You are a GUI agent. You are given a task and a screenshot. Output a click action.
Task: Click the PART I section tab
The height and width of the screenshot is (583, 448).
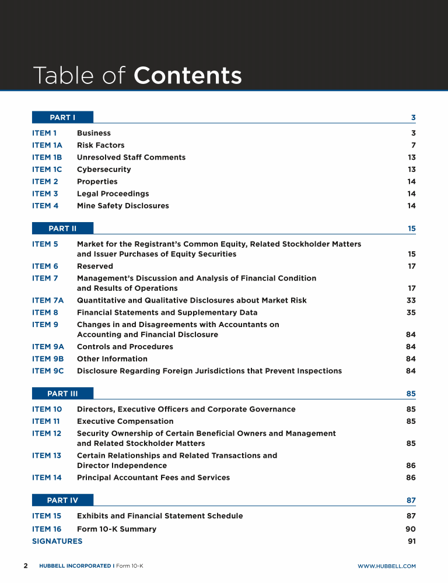pyautogui.click(x=62, y=117)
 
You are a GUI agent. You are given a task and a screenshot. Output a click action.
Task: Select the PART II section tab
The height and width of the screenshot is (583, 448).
pyautogui.click(x=62, y=229)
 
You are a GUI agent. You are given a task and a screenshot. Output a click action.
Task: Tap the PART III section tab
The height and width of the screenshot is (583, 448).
pyautogui.click(x=62, y=394)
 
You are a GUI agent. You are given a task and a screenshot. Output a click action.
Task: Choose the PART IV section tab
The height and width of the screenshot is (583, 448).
pyautogui.click(x=62, y=500)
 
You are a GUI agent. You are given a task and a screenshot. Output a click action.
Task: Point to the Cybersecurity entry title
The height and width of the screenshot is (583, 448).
pyautogui.click(x=104, y=170)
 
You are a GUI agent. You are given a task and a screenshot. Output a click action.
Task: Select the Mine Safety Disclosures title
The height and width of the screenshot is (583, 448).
pyautogui.click(x=123, y=206)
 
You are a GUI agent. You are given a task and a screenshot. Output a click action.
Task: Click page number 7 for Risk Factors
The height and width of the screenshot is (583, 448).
pyautogui.click(x=413, y=145)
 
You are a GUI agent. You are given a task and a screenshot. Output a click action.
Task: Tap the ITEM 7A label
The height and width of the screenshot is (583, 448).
pyautogui.click(x=48, y=300)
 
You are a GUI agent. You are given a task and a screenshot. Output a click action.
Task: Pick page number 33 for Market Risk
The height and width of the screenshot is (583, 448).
pyautogui.click(x=411, y=300)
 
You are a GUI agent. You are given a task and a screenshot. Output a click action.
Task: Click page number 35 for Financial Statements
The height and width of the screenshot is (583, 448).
pyautogui.click(x=411, y=312)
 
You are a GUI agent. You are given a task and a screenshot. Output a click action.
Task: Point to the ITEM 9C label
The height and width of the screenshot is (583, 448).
pyautogui.click(x=48, y=371)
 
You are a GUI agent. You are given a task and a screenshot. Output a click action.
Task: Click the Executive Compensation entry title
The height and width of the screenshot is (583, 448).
pyautogui.click(x=125, y=421)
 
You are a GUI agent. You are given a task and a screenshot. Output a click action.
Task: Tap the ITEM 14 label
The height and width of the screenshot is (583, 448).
pyautogui.click(x=47, y=477)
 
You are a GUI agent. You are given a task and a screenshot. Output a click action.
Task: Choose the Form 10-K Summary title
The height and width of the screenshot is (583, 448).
pyautogui.click(x=117, y=529)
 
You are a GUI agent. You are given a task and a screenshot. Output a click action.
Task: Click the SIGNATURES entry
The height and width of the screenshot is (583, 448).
pyautogui.click(x=57, y=541)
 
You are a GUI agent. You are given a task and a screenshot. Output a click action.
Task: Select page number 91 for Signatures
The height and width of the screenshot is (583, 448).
pyautogui.click(x=411, y=541)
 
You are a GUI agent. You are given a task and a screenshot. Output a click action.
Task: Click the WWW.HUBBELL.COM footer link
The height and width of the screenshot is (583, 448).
pyautogui.click(x=386, y=566)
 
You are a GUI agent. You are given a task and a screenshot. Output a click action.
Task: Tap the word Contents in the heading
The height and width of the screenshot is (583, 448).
pyautogui.click(x=187, y=76)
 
